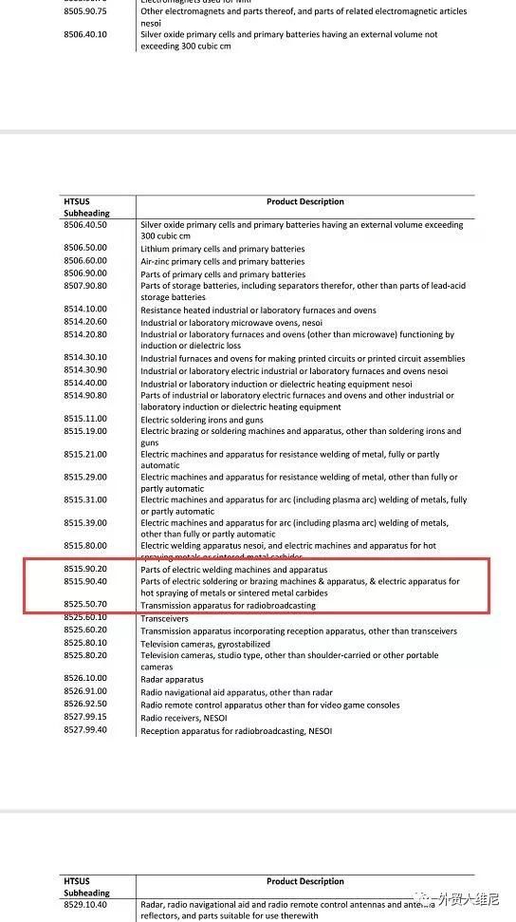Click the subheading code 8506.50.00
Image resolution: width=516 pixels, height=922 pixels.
[x=84, y=249]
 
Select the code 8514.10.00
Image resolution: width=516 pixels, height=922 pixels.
[x=84, y=310]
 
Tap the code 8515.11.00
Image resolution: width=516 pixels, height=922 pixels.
[x=84, y=419]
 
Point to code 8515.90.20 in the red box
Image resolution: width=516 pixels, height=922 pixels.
[x=84, y=569]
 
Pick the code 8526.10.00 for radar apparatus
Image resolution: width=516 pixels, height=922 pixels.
[x=84, y=679]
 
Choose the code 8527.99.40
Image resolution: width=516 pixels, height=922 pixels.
[x=84, y=730]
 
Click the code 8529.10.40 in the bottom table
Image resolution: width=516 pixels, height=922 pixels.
[x=84, y=905]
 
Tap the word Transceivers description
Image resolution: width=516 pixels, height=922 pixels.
[x=165, y=617]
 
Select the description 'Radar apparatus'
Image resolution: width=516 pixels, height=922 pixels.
[x=173, y=679]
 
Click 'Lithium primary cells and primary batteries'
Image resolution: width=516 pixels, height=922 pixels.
[x=223, y=249]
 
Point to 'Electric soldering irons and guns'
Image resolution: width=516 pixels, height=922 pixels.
[x=202, y=419]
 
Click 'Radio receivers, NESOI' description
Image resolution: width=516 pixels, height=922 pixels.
[x=187, y=718]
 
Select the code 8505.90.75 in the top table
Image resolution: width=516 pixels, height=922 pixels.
[x=84, y=10]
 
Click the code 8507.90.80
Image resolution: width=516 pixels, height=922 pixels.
[x=84, y=285]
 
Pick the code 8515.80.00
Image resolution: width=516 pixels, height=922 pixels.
[x=84, y=546]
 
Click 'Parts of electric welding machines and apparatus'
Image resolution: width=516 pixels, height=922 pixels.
[x=234, y=569]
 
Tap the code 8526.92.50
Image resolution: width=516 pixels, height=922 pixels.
[x=84, y=705]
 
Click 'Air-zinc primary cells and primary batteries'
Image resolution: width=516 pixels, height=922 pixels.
[x=223, y=261]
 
